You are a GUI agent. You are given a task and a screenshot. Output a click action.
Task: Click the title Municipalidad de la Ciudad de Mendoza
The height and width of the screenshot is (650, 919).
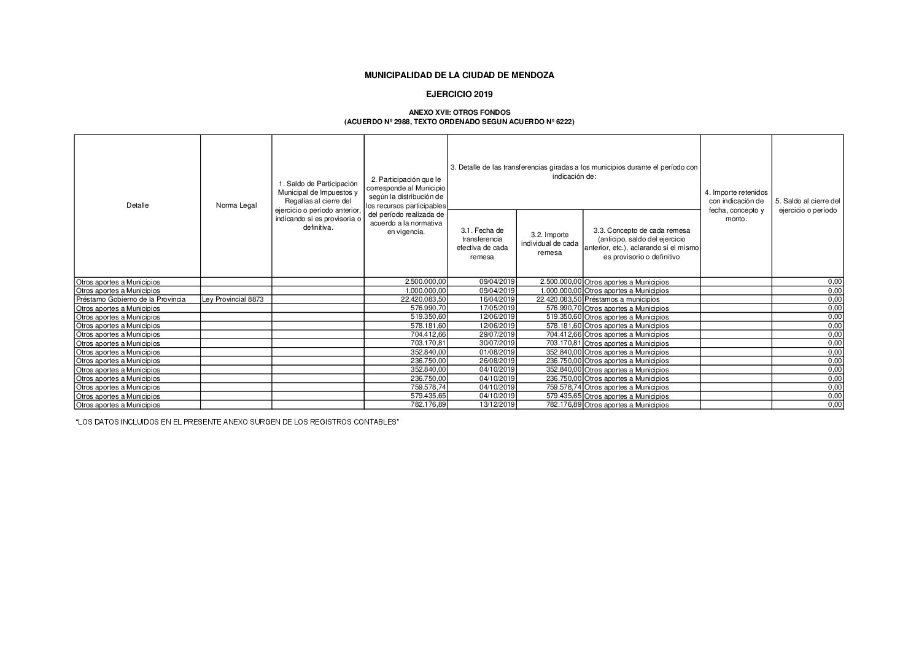(459, 75)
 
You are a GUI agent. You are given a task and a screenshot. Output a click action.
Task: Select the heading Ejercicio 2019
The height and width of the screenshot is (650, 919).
(459, 95)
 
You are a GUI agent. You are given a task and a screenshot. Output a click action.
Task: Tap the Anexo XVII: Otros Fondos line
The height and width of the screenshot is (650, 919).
(459, 113)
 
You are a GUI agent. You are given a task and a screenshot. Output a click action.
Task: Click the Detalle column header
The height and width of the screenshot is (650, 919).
(138, 206)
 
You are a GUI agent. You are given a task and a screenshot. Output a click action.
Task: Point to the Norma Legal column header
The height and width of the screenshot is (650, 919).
(236, 206)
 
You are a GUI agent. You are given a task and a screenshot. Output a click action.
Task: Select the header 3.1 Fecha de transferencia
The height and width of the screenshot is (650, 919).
(482, 243)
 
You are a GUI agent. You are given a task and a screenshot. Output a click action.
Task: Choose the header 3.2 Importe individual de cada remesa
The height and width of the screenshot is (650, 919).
(549, 243)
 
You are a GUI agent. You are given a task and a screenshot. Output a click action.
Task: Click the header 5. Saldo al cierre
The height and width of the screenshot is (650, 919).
(807, 206)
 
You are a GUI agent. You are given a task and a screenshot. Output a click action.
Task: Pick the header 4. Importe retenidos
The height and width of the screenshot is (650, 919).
(735, 206)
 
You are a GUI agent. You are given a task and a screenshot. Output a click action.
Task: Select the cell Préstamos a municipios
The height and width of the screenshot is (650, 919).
(622, 299)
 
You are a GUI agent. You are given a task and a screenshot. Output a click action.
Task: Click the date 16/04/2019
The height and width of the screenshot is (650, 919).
(497, 299)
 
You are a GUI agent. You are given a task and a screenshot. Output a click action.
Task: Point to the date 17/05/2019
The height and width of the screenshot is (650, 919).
(497, 308)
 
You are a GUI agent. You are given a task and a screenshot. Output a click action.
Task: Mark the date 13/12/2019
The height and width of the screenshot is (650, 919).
(497, 405)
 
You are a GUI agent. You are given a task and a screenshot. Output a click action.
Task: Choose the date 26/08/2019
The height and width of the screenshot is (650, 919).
(497, 361)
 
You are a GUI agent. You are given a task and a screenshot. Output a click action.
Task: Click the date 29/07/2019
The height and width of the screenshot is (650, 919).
(497, 334)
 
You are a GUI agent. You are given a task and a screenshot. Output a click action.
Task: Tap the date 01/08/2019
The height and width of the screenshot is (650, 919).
(497, 352)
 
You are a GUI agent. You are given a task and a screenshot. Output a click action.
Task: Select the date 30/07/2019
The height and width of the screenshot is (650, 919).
(497, 343)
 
